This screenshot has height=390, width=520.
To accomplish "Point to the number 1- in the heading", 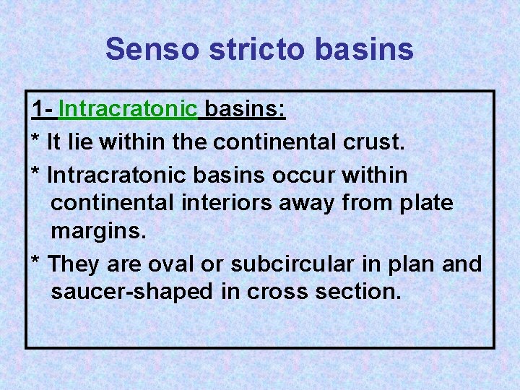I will tap(43, 110).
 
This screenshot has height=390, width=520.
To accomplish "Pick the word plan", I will tap(410, 264).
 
